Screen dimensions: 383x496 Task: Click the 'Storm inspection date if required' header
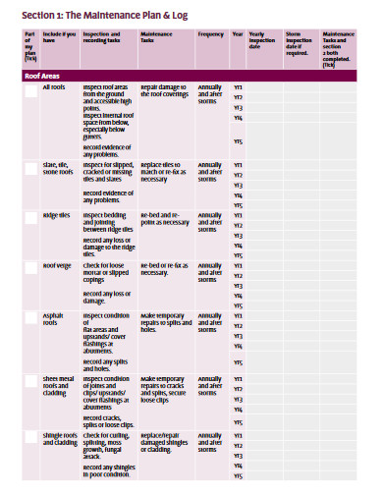pyautogui.click(x=297, y=43)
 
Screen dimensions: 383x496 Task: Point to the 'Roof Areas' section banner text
pyautogui.click(x=42, y=75)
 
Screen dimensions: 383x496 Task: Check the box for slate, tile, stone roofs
pyautogui.click(x=29, y=169)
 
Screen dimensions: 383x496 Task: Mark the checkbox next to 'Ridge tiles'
pyautogui.click(x=29, y=218)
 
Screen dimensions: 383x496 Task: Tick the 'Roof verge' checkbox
pyautogui.click(x=29, y=268)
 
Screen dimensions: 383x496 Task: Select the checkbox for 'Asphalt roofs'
pyautogui.click(x=29, y=318)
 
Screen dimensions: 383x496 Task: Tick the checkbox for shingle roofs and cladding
pyautogui.click(x=29, y=438)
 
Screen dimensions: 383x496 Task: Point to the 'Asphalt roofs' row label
pyautogui.click(x=54, y=319)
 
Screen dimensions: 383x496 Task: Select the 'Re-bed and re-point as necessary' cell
pyautogui.click(x=163, y=219)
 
